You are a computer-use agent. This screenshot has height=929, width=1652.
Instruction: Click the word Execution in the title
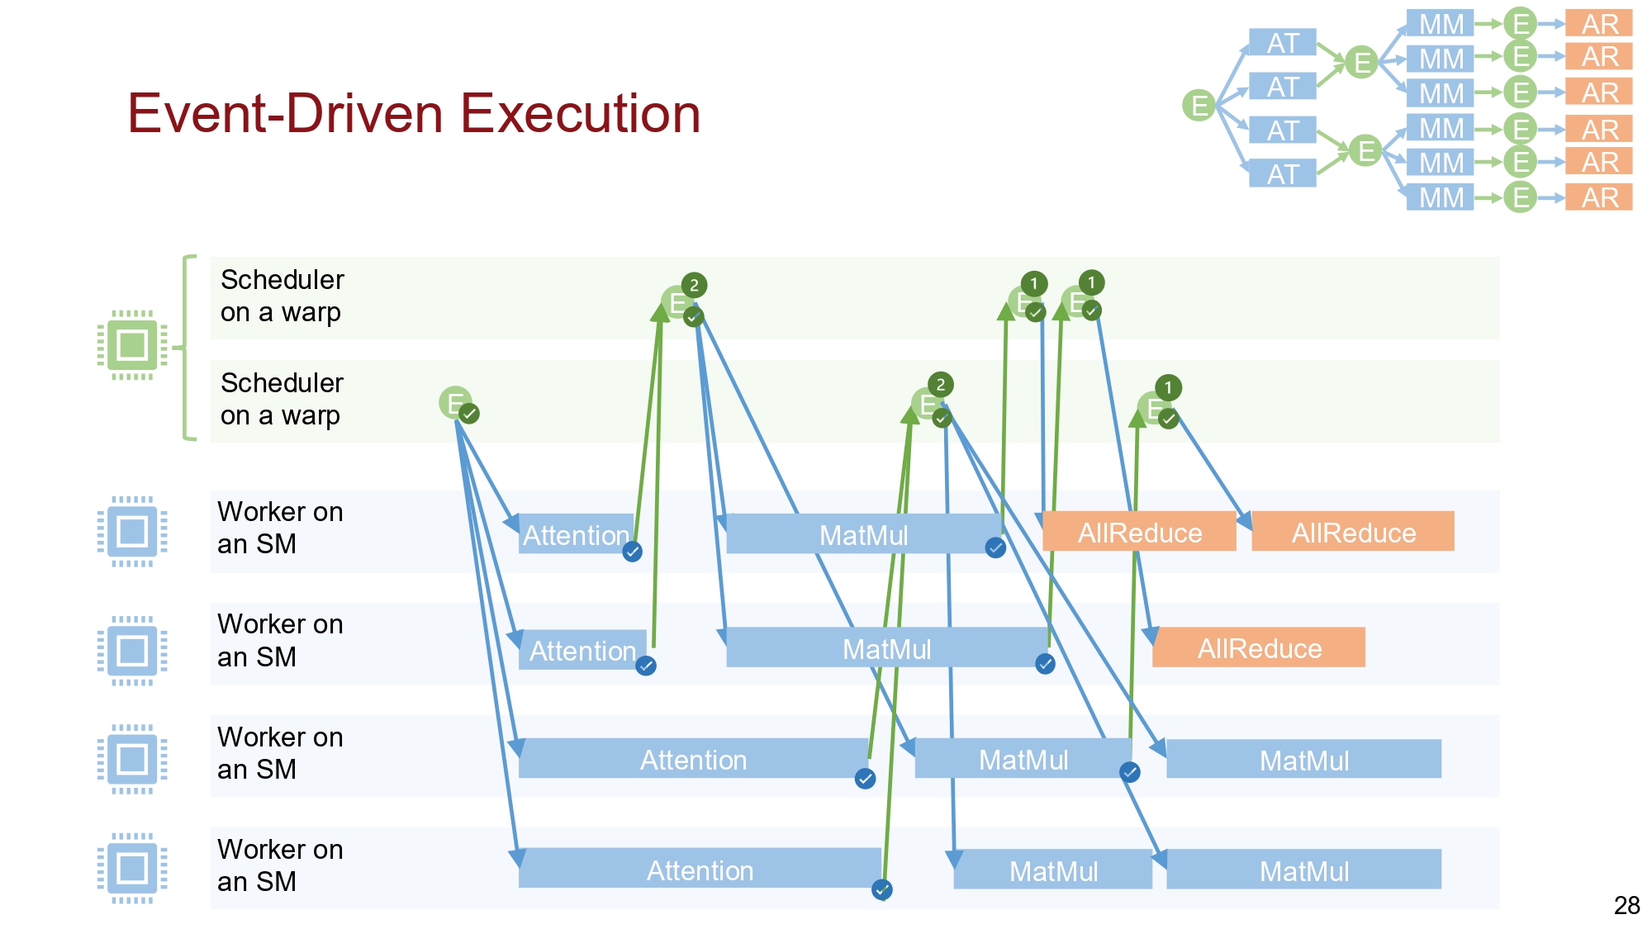coord(580,113)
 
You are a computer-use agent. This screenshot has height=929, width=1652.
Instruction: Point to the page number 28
coord(1626,905)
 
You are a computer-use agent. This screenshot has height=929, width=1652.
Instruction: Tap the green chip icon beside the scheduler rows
coord(132,344)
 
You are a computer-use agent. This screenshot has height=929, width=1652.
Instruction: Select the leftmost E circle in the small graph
coord(1199,105)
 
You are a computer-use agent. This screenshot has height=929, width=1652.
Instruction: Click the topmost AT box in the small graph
coord(1282,43)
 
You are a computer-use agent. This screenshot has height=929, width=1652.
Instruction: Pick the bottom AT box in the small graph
coord(1282,174)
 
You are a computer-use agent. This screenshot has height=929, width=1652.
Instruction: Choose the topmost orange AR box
coord(1599,24)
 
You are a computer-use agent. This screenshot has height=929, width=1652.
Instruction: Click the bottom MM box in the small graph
coord(1440,197)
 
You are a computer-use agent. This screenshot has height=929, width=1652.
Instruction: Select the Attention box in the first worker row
coord(576,535)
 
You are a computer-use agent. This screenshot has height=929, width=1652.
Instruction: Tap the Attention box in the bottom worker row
coord(699,870)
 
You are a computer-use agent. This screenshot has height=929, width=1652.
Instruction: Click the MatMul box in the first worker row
coord(863,535)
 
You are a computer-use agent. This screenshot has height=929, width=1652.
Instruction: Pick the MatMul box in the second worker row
coord(886,649)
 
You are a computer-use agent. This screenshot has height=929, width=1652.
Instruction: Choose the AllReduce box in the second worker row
coord(1259,648)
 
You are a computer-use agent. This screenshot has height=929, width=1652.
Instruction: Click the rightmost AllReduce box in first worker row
coord(1353,533)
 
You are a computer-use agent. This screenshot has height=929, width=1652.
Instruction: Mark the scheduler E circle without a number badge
coord(454,402)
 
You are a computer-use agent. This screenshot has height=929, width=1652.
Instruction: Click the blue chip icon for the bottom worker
coord(132,868)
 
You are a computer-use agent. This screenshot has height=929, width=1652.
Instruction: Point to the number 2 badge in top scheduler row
coord(694,286)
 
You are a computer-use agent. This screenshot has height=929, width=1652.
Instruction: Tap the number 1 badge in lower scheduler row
coord(1167,387)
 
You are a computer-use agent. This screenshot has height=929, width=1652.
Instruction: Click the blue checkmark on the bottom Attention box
coord(881,889)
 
